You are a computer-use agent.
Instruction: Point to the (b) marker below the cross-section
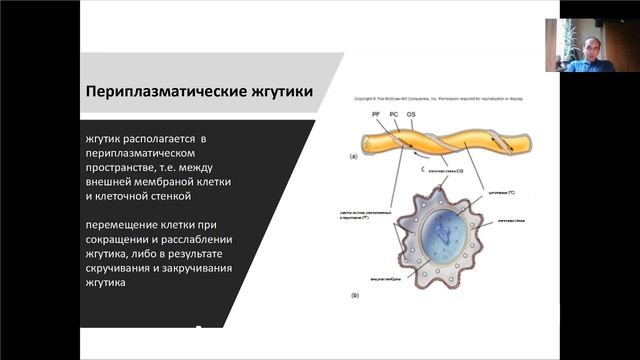coord(354,296)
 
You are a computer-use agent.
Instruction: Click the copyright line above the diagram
coord(437,102)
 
